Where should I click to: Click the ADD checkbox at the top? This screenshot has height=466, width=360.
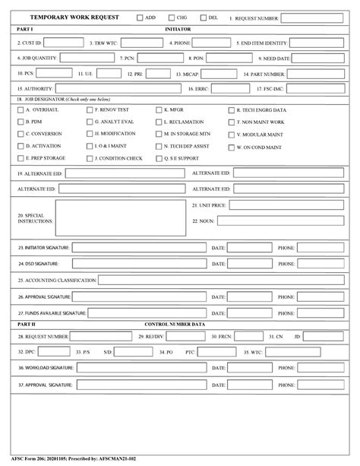tap(140, 17)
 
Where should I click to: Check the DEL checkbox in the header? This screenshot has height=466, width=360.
tap(203, 17)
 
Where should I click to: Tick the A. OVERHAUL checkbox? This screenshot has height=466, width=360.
tap(20, 110)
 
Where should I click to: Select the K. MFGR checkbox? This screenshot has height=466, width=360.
tap(158, 110)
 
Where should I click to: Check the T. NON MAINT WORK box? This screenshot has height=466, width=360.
tap(230, 122)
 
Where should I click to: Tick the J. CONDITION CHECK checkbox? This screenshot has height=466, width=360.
tap(89, 158)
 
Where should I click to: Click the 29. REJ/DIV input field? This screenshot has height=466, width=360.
tap(182, 335)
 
